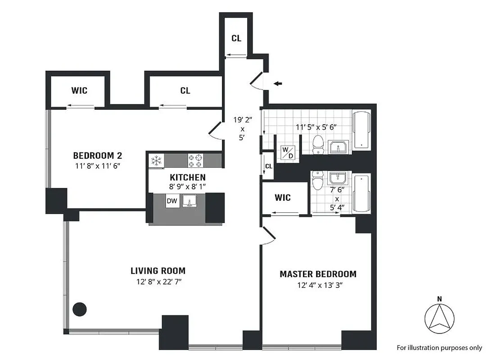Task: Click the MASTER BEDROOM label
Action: click(318, 274)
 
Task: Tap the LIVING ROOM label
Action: click(158, 271)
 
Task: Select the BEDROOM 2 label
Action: click(98, 156)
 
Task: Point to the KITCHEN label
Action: click(188, 177)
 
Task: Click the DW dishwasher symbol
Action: click(172, 201)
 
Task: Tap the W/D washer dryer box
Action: click(287, 152)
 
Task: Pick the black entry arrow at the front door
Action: click(279, 83)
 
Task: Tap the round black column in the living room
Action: click(80, 309)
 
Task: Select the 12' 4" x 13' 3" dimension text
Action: click(318, 285)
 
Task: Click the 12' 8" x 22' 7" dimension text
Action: click(158, 282)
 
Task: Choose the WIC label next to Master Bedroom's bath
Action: click(282, 198)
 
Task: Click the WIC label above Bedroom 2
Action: click(79, 90)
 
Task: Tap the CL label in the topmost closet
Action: click(236, 38)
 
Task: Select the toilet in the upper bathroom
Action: click(319, 144)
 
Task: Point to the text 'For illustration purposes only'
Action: click(439, 347)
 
